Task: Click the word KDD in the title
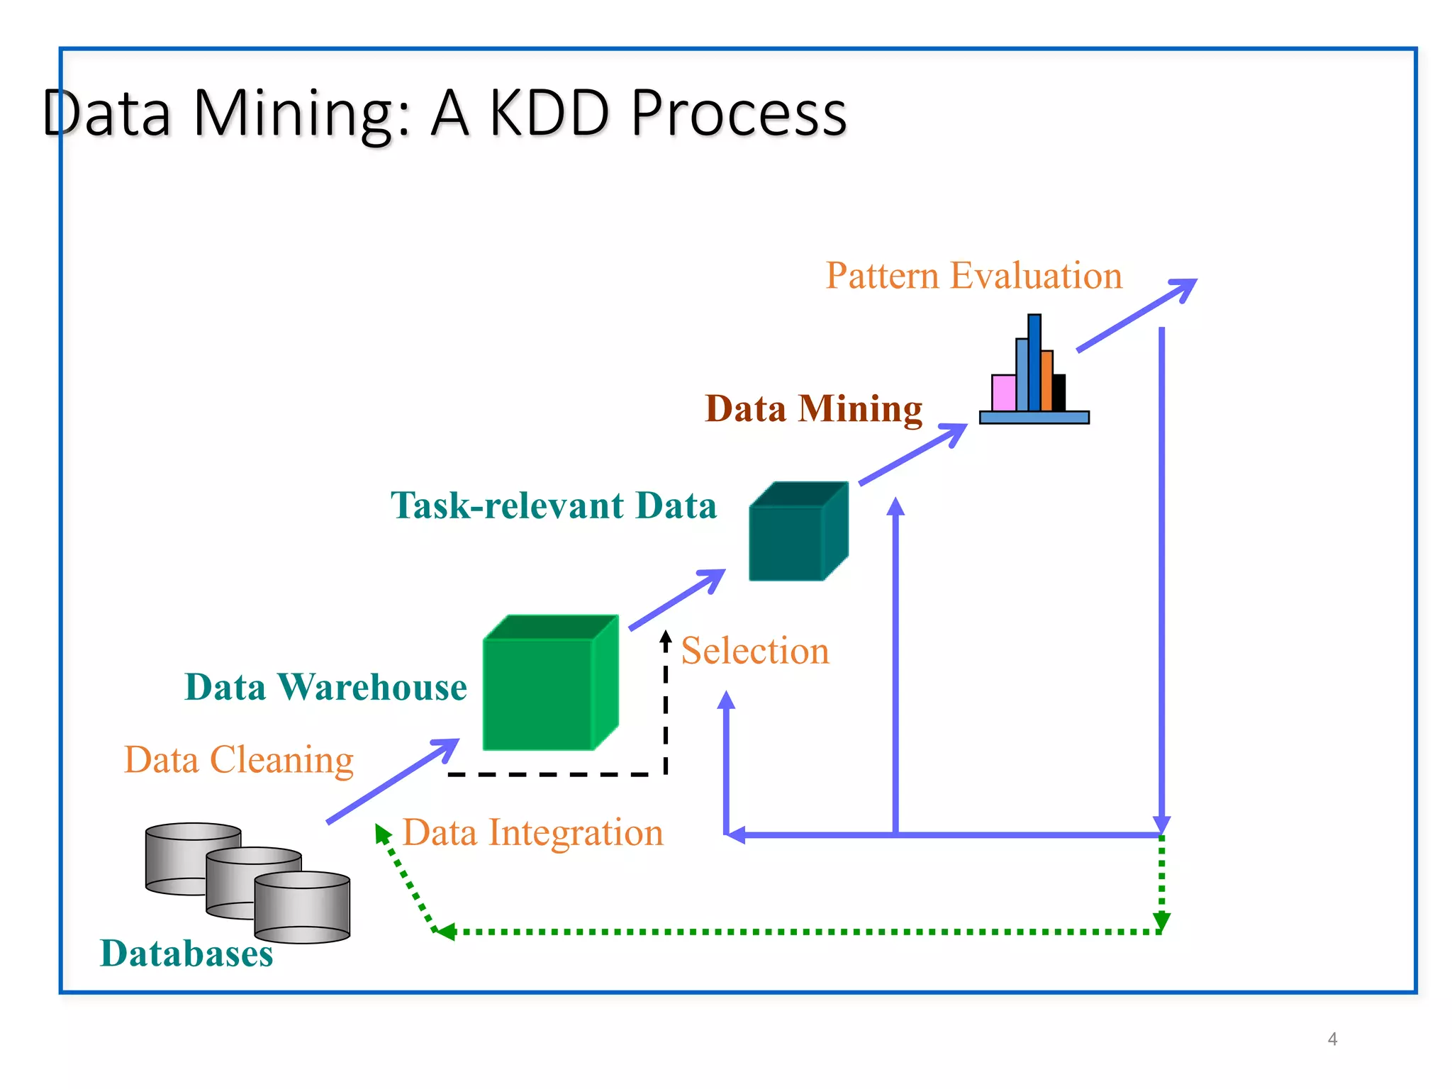point(549,113)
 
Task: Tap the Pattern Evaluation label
point(973,275)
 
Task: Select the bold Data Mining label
point(813,408)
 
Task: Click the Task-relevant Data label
point(554,506)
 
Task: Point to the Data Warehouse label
point(325,687)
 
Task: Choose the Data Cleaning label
point(239,759)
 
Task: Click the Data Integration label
point(533,832)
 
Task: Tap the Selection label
point(755,651)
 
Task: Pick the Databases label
point(186,953)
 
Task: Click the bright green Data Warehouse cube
point(539,693)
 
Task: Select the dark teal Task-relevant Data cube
point(787,542)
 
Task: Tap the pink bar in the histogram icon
point(1003,393)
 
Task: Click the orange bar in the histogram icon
point(1046,381)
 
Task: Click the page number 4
point(1332,1039)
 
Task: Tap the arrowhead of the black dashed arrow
point(665,637)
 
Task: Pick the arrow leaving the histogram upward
point(1137,315)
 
